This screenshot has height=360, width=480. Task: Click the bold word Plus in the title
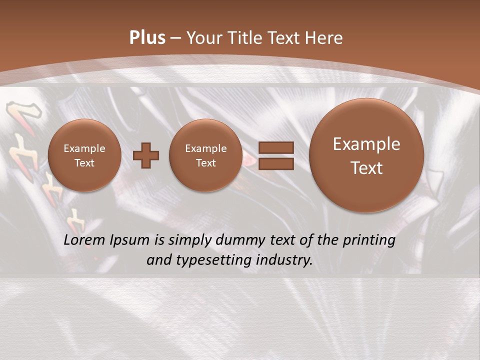[x=147, y=38]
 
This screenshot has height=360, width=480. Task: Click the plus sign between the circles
[x=146, y=155]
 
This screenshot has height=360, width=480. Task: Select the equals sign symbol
[x=276, y=155]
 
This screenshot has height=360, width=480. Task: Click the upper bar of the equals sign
[x=276, y=147]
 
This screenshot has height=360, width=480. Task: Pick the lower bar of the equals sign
[x=276, y=163]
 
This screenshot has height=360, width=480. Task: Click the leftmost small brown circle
[x=84, y=155]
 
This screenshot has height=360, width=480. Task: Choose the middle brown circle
[x=205, y=155]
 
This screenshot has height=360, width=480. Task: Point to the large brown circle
[x=366, y=155]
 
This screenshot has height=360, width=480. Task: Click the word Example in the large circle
[x=366, y=144]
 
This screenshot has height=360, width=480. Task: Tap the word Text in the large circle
[x=366, y=168]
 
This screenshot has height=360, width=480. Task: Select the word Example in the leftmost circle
[x=84, y=148]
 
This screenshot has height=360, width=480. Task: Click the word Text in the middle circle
[x=205, y=163]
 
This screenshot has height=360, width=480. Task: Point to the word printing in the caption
[x=369, y=240]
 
